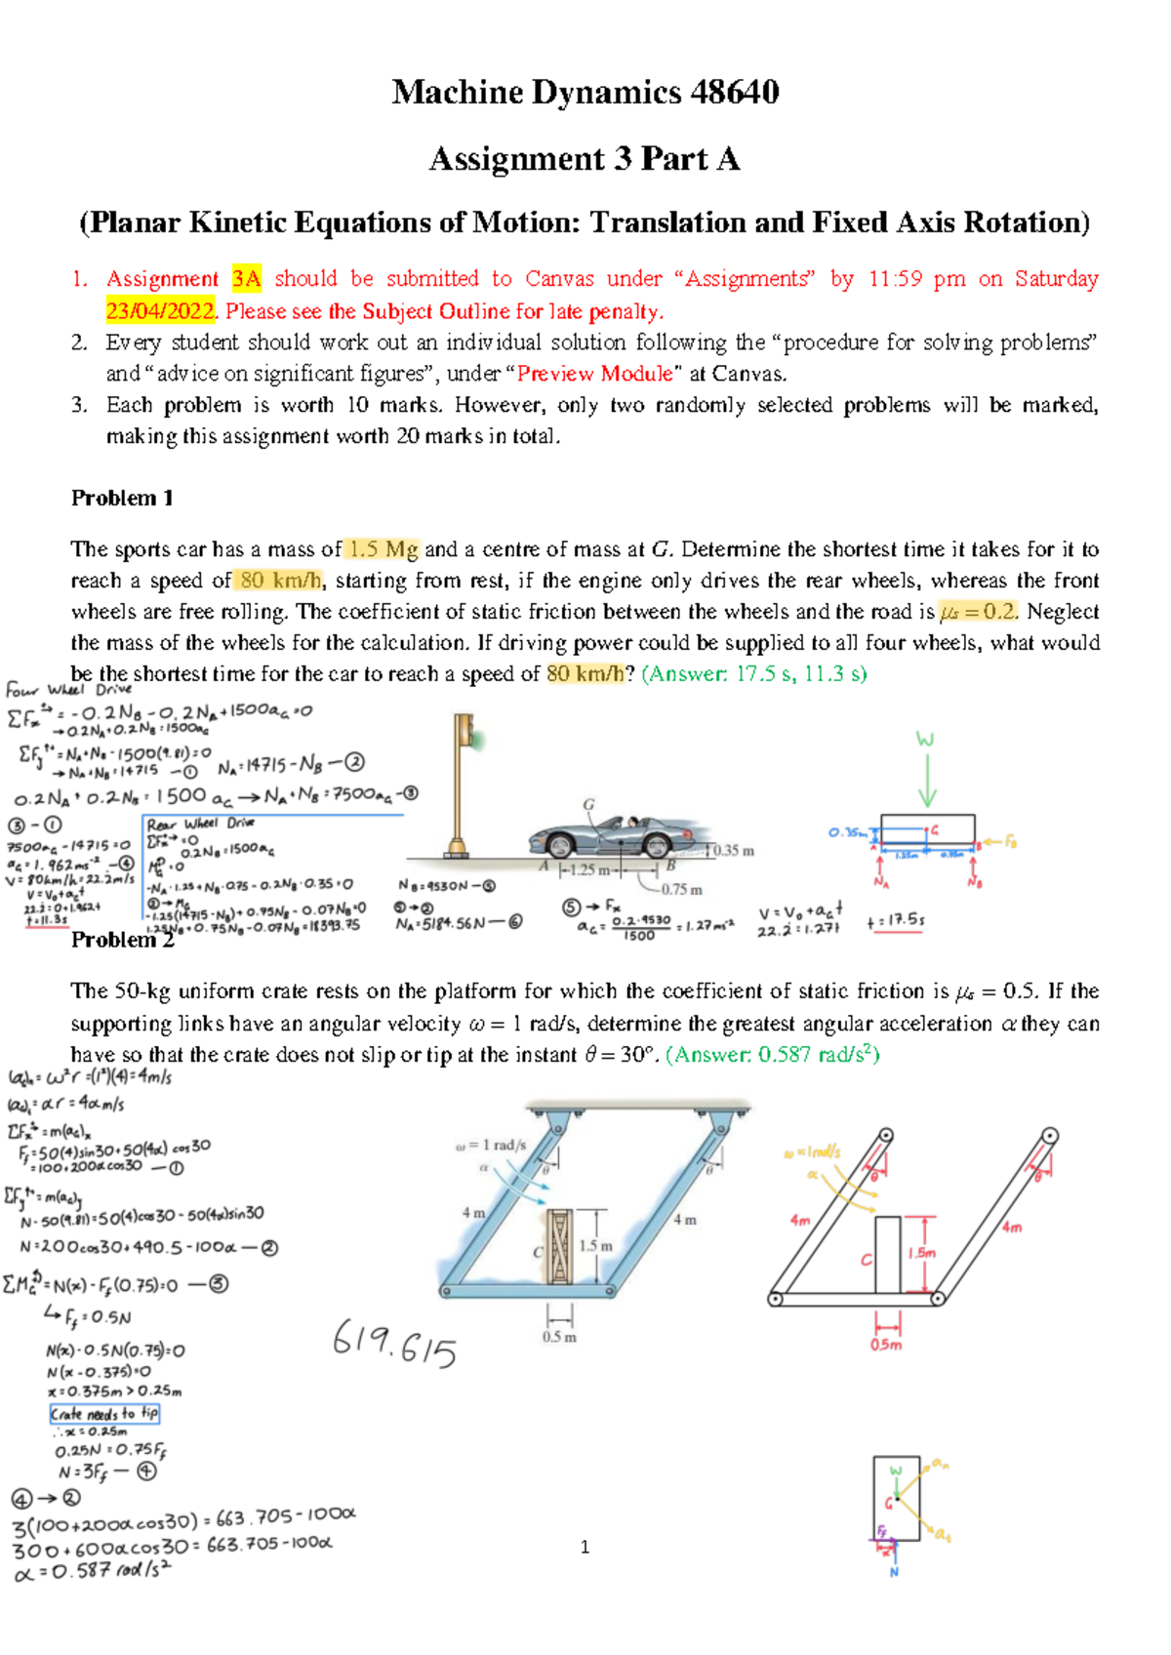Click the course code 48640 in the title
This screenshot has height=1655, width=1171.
[734, 93]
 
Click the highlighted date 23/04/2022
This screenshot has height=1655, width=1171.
[160, 311]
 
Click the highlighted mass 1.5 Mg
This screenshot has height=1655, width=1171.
[384, 549]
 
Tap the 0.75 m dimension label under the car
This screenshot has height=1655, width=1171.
[681, 890]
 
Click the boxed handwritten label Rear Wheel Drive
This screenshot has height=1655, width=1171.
[200, 824]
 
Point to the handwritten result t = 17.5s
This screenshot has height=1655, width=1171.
[896, 920]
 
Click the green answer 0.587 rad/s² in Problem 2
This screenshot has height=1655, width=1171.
[771, 1055]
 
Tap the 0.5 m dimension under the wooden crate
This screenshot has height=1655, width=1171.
[559, 1337]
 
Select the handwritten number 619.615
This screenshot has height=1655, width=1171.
[394, 1345]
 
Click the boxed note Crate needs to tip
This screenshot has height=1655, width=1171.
[104, 1414]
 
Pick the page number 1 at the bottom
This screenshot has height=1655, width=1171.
[585, 1547]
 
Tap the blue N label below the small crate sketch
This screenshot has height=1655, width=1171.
[894, 1572]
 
